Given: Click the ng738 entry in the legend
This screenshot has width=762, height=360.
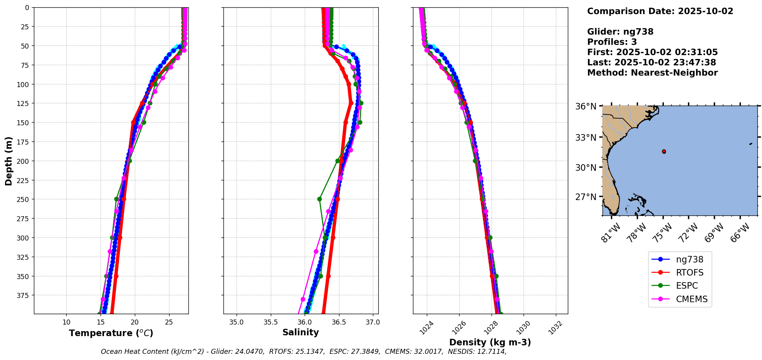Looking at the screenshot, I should click(x=689, y=259).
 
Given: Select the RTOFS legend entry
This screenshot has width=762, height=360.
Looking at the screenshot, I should click(x=689, y=273).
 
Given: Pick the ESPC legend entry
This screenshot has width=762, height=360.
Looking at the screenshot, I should click(x=686, y=286).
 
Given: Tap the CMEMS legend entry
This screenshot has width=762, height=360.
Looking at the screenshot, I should click(x=692, y=299).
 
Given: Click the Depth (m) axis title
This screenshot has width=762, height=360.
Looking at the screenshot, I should click(x=8, y=161).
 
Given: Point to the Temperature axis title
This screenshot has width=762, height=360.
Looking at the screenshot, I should click(x=111, y=333).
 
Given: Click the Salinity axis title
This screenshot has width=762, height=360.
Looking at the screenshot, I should click(x=300, y=332).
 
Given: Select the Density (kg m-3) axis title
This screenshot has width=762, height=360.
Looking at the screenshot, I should click(x=490, y=342).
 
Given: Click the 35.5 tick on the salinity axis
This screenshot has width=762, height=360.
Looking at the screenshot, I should click(x=270, y=322).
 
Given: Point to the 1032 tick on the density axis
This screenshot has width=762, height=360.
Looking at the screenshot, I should click(x=555, y=328).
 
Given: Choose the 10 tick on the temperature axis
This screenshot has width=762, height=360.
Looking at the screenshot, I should click(x=66, y=322).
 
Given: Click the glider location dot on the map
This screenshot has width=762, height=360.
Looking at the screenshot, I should click(x=664, y=151).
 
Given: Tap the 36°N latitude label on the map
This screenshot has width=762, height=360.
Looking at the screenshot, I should click(x=586, y=106).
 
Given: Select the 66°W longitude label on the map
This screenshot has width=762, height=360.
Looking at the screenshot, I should click(x=740, y=232).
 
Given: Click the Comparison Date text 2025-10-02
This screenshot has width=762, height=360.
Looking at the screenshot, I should click(x=705, y=11).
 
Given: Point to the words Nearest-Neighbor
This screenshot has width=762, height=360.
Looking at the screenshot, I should click(x=674, y=73).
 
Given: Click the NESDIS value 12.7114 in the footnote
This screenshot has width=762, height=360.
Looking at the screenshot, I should click(x=492, y=352).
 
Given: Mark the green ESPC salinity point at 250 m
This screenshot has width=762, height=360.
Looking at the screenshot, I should click(x=319, y=199).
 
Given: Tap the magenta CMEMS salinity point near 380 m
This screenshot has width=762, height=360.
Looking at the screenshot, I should click(x=303, y=299).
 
